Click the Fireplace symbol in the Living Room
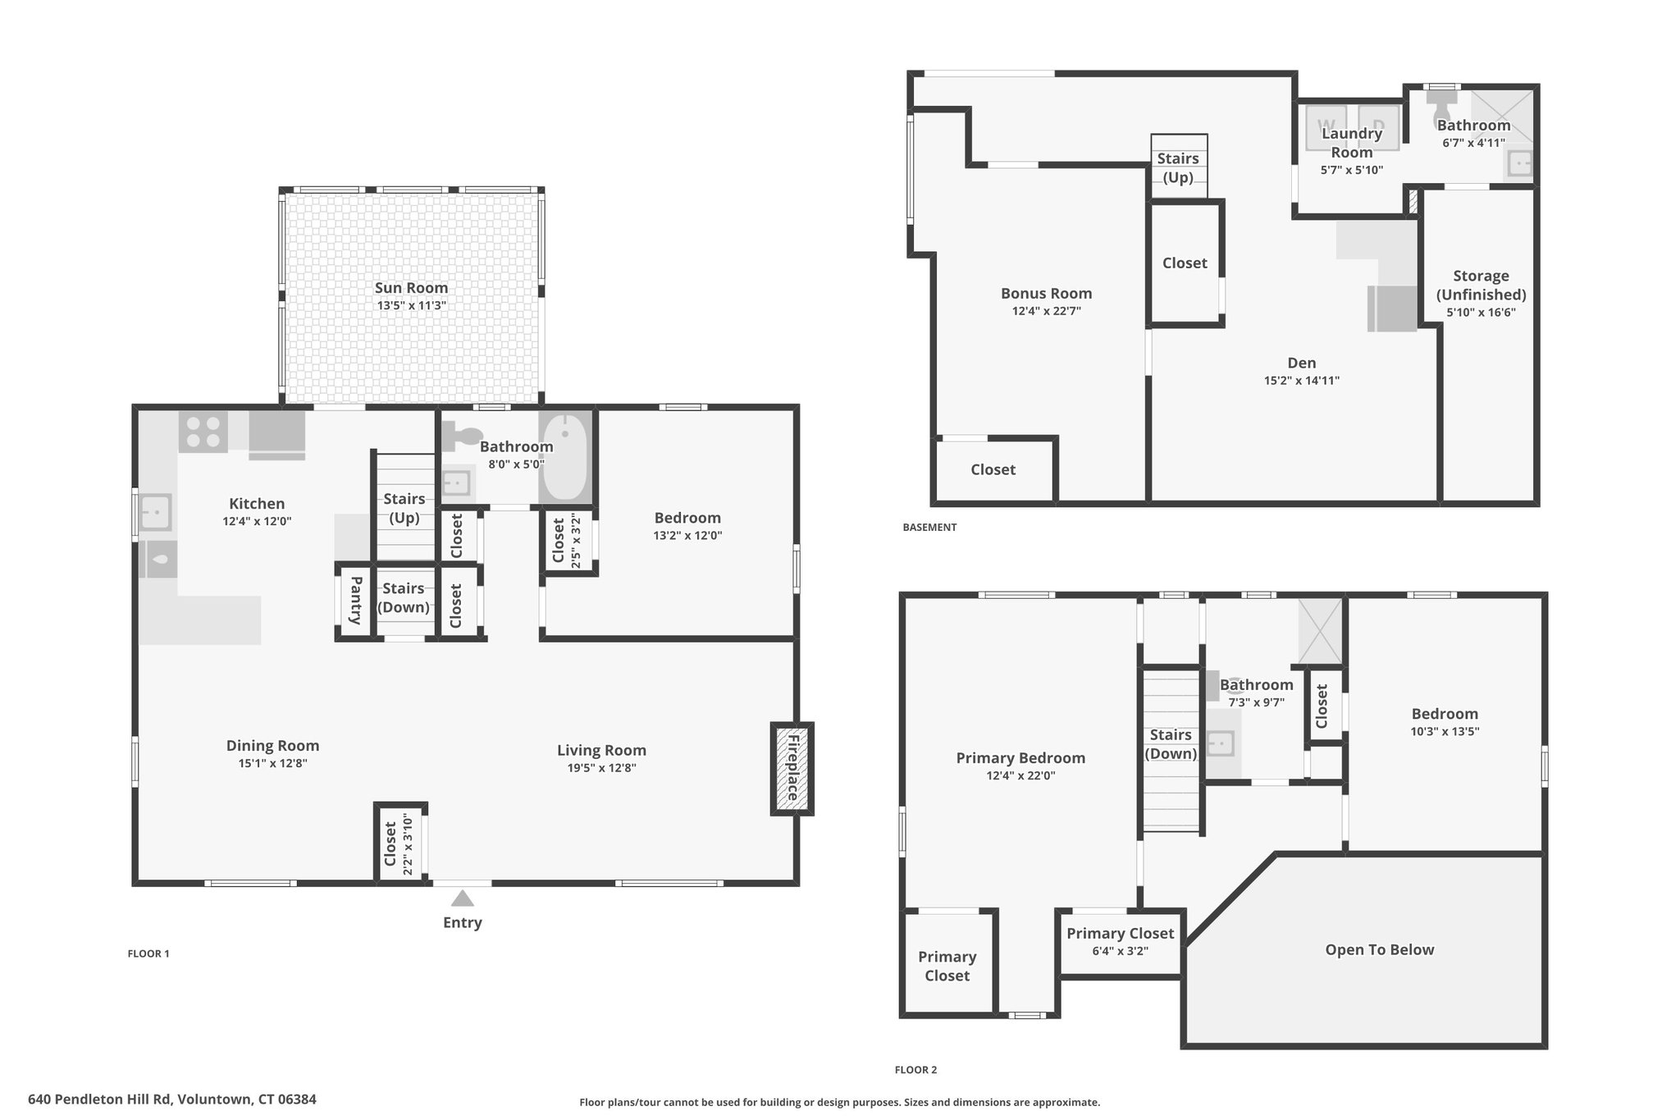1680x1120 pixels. pos(792,769)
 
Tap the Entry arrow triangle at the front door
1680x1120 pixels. pos(463,898)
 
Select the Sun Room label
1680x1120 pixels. pos(411,288)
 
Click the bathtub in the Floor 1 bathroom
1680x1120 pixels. pos(564,457)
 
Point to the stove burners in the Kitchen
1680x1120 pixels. pos(203,432)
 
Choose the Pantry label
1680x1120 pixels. pos(355,601)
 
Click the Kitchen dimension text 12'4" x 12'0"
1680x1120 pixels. pos(257,521)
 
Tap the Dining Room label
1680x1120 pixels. pos(272,746)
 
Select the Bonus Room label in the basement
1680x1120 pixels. pos(1046,294)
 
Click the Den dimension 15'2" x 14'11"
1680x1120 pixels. pos(1302,381)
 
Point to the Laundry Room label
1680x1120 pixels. pos(1352,143)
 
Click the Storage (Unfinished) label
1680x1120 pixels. pos(1481,286)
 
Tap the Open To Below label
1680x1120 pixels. pos(1380,950)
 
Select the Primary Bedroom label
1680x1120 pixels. pos(1020,758)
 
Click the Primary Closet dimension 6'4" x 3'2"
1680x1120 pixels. pos(1120,952)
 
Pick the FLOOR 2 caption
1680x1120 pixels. pos(915,1070)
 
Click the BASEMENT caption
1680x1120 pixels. pos(929,528)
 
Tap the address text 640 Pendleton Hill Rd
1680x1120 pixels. pos(99,1099)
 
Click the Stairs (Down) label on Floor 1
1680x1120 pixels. pos(404,598)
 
